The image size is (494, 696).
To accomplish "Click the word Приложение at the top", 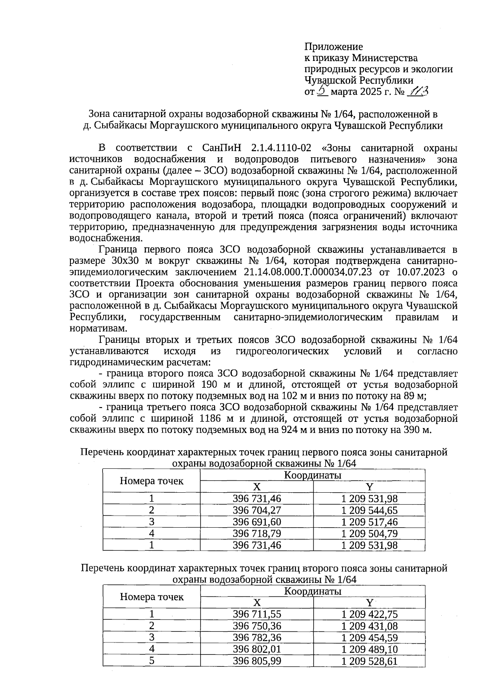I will pyautogui.click(x=333, y=47).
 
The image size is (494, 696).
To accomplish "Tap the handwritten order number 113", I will pyautogui.click(x=417, y=91).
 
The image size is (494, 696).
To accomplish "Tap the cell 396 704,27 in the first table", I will pyautogui.click(x=256, y=510).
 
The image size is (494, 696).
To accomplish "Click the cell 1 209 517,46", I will pyautogui.click(x=369, y=522).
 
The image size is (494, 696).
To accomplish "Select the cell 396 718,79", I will pyautogui.click(x=256, y=533).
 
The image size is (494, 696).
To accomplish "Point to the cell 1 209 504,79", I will pyautogui.click(x=369, y=533).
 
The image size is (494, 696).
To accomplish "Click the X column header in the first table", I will pyautogui.click(x=256, y=487).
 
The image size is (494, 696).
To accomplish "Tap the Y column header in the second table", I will pyautogui.click(x=369, y=603).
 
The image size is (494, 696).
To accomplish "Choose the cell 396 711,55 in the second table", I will pyautogui.click(x=256, y=615).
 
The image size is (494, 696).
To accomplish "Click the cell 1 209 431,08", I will pyautogui.click(x=369, y=626).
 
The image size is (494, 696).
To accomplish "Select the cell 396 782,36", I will pyautogui.click(x=256, y=638).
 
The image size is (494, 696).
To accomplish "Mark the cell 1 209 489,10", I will pyautogui.click(x=369, y=649).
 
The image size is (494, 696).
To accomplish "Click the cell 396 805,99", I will pyautogui.click(x=256, y=661).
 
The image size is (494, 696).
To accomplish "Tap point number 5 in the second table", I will pyautogui.click(x=151, y=661).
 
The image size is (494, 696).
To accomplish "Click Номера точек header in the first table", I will pyautogui.click(x=151, y=481).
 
